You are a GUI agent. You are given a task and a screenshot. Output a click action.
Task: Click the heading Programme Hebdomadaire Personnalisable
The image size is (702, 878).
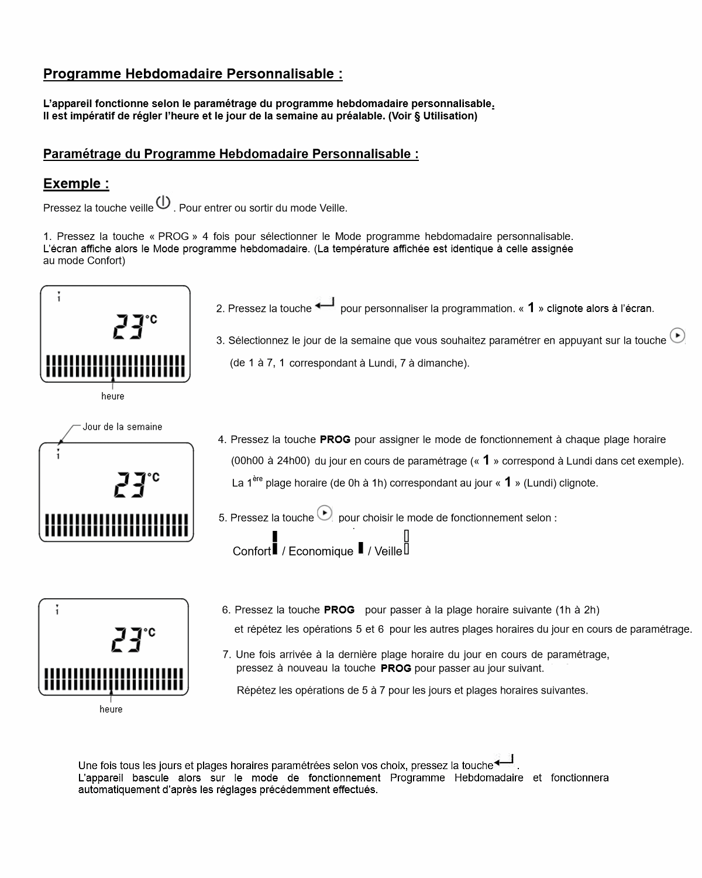(192, 74)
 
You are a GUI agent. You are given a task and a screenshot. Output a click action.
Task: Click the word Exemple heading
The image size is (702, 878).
(76, 184)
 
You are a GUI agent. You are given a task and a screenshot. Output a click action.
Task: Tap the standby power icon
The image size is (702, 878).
(163, 203)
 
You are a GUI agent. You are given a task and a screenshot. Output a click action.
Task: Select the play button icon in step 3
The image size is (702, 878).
(677, 335)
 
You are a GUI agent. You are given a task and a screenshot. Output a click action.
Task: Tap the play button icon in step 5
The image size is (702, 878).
(325, 513)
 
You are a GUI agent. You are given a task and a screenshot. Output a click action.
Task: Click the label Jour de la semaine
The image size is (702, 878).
(122, 427)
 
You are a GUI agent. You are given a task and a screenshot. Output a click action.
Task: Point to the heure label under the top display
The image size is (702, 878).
(112, 396)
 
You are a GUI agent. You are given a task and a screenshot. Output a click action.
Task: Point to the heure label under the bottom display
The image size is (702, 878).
(111, 709)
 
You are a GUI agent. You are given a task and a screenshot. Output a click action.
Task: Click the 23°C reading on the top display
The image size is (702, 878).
(135, 327)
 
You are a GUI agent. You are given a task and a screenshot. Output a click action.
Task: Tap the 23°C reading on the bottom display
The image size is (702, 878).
(133, 640)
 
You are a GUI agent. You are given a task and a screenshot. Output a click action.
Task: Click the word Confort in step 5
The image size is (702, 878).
(252, 551)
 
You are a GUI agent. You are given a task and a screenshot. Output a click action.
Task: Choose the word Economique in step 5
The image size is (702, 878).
(321, 551)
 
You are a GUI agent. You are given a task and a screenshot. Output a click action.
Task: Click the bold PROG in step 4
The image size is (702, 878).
(335, 440)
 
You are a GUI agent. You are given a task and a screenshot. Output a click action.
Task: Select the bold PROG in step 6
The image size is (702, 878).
(339, 610)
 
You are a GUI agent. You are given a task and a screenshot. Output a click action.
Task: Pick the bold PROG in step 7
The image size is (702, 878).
(395, 668)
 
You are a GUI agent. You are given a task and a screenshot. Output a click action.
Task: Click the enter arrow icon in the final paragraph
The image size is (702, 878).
(504, 761)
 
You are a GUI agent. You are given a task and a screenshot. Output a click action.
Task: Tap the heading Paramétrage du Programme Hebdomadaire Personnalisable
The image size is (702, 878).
(230, 154)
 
